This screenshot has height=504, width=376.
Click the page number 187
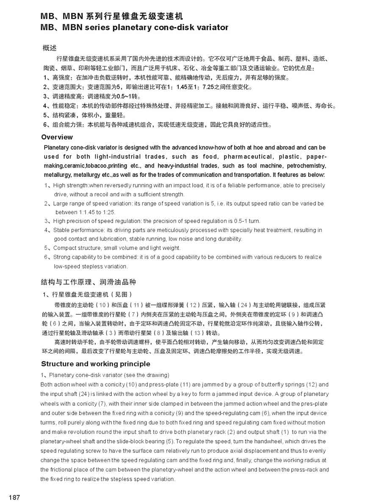point(14,497)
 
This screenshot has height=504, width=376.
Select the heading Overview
point(57,137)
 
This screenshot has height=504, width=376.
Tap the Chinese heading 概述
point(50,48)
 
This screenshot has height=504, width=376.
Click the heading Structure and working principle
point(95,364)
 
